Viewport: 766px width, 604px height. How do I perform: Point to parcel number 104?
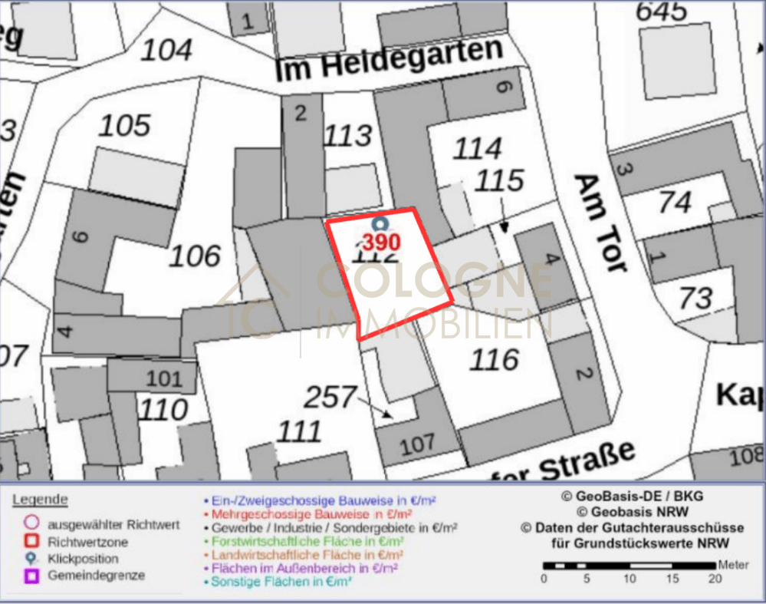166,51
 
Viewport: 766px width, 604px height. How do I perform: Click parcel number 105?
125,125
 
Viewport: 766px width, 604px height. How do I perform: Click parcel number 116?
495,358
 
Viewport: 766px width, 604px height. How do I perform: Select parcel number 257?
330,397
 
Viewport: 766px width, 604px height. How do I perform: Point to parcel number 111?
299,431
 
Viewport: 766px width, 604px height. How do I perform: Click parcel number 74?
676,202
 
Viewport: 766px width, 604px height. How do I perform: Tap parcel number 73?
695,298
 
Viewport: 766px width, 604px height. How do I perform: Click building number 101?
164,378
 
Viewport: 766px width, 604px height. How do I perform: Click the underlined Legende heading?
40,500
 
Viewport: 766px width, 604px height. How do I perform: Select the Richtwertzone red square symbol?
32,542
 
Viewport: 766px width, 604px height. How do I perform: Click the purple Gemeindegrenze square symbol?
32,575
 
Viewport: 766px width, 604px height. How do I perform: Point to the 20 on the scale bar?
715,579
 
